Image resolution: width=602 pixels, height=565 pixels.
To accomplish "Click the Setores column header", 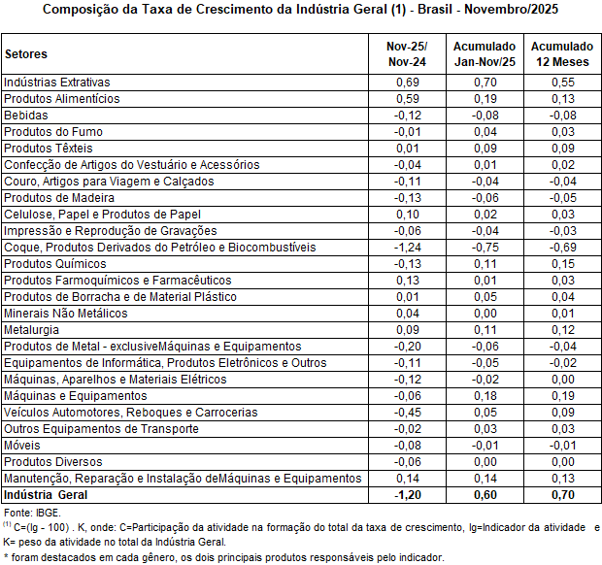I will [x=25, y=54].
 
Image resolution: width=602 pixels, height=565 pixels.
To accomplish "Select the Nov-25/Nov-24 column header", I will [x=407, y=54].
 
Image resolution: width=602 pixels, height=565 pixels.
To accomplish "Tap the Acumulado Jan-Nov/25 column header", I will [x=484, y=54].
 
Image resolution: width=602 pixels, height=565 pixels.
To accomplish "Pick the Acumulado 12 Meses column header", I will [x=561, y=54].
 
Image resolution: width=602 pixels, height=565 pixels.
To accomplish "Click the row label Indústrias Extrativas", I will [x=57, y=82].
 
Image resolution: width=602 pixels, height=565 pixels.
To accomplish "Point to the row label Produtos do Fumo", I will [x=52, y=131].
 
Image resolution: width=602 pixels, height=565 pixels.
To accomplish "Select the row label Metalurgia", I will [x=31, y=329].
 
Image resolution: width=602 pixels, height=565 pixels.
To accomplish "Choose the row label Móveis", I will [x=22, y=445].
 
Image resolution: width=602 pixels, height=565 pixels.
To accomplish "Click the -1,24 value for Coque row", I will [x=407, y=247].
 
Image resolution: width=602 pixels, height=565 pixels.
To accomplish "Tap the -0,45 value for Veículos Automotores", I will [x=407, y=412].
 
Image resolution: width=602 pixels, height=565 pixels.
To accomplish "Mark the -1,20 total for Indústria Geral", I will [x=407, y=495].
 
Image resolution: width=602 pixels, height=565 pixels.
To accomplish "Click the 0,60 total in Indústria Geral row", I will [x=484, y=495].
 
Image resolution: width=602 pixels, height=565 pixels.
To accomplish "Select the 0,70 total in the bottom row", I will [x=561, y=495].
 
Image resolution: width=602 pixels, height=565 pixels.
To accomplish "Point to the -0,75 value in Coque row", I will [x=484, y=247].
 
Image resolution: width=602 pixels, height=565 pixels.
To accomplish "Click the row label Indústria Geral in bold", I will [x=46, y=495].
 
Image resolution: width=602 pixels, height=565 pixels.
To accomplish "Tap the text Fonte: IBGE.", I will [x=32, y=512].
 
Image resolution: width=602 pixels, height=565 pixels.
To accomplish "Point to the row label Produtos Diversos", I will [x=49, y=461].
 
